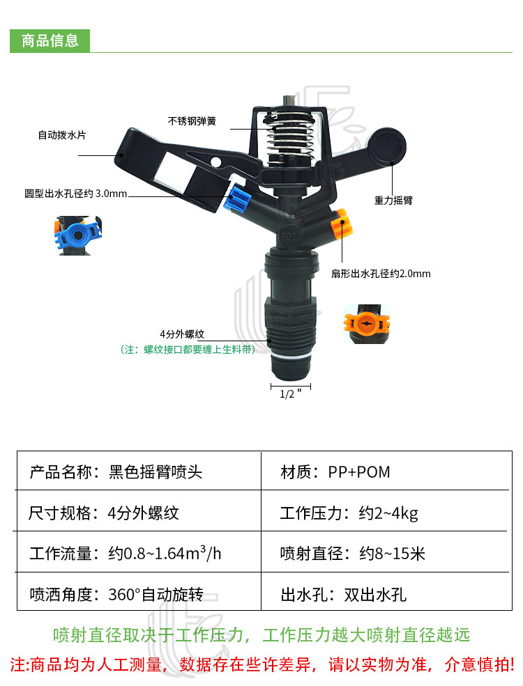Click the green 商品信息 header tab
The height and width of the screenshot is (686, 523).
(x=50, y=40)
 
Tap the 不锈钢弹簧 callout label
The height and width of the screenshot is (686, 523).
(x=192, y=120)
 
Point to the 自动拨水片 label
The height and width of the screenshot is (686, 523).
(x=62, y=135)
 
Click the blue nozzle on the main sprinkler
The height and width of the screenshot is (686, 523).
(x=238, y=200)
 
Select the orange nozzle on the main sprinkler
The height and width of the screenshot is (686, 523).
(x=342, y=225)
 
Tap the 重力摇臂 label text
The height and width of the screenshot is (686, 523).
(x=393, y=200)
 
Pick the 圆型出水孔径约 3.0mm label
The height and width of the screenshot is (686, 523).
(x=76, y=193)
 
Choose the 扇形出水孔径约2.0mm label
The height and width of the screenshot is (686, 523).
(x=381, y=274)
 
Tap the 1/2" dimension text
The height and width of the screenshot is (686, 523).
(x=290, y=393)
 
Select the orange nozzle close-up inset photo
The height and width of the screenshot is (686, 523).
(x=367, y=323)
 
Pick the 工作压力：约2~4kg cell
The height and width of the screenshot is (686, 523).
(x=349, y=513)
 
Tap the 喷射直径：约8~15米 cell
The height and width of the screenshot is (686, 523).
(x=352, y=554)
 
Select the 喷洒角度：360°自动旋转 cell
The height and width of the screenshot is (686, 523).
(x=116, y=595)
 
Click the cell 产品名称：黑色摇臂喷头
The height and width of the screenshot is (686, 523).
(x=116, y=472)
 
